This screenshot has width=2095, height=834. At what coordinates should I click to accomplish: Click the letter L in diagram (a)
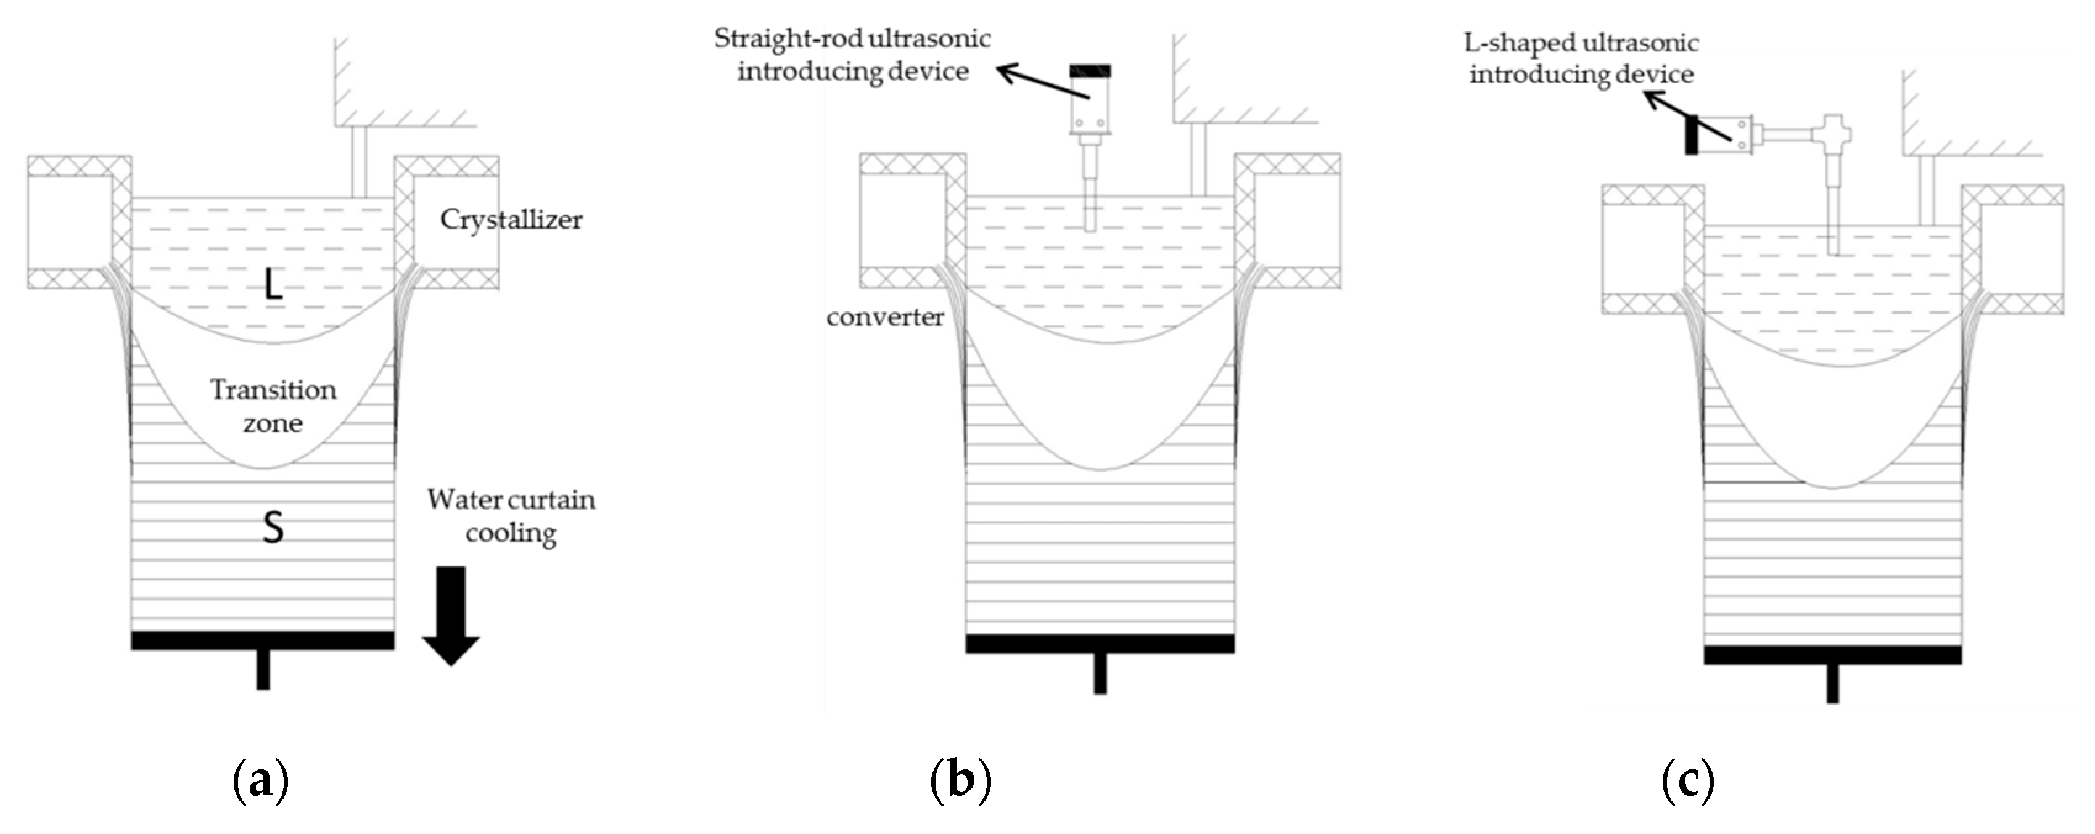click(273, 285)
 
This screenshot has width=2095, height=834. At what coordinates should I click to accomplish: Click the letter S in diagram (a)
click(273, 528)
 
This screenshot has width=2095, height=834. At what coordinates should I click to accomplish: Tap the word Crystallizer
click(511, 219)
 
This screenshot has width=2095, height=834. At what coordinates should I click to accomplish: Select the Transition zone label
click(273, 406)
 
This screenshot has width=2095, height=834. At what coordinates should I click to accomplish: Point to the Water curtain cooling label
click(511, 515)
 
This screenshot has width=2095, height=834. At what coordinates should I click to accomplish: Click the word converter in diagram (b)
click(885, 317)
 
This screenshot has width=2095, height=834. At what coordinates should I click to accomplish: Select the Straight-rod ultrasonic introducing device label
click(852, 54)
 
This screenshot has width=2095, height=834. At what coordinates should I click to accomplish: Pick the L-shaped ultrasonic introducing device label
click(1581, 58)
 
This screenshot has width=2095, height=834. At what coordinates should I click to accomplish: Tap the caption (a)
click(260, 780)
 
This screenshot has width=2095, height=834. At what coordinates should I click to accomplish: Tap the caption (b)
click(960, 780)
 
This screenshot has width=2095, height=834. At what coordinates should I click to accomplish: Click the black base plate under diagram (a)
click(263, 640)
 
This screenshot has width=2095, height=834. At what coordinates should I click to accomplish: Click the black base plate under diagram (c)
click(1832, 655)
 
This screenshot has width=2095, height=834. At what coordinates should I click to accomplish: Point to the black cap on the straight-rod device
click(1090, 72)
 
